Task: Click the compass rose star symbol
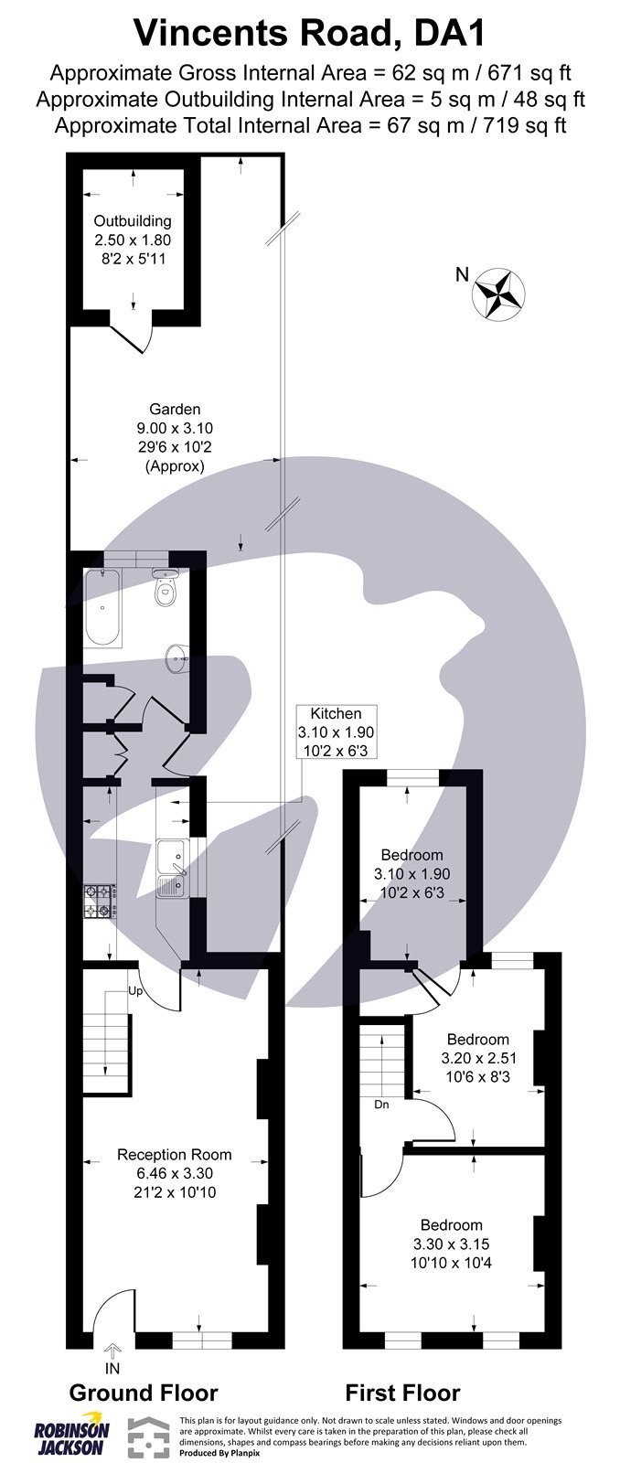click(x=498, y=293)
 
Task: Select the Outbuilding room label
click(x=133, y=221)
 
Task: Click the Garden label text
click(x=176, y=409)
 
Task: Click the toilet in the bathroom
click(x=165, y=590)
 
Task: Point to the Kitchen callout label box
click(x=336, y=731)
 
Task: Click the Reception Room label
click(x=174, y=1155)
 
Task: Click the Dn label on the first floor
click(x=381, y=1105)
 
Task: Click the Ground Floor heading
click(x=144, y=1393)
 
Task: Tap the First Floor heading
click(x=402, y=1393)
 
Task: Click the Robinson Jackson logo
click(x=71, y=1436)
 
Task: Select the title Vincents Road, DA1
click(x=310, y=34)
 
